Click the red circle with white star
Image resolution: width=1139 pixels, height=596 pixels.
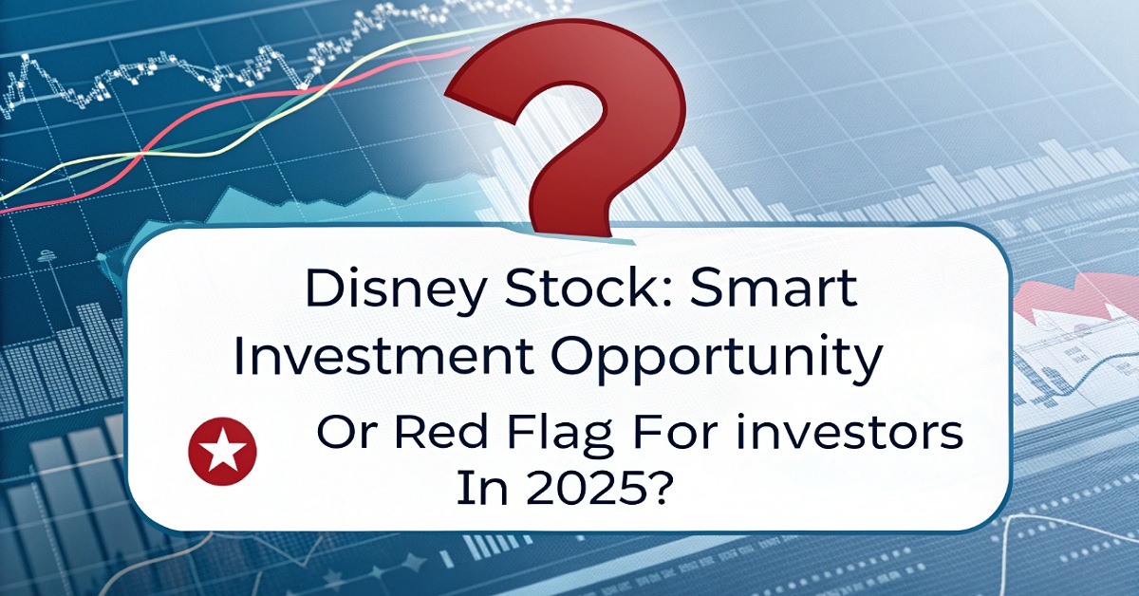tap(224, 449)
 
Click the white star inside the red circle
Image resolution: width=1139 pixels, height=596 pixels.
tap(224, 449)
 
